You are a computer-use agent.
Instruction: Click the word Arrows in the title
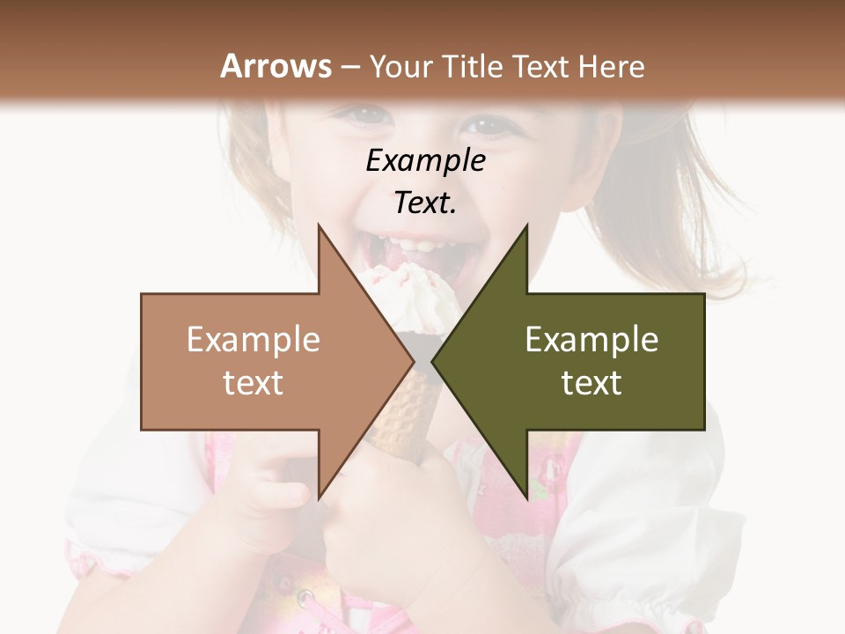point(275,66)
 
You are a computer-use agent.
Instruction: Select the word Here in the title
point(611,66)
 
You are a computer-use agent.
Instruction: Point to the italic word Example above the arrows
point(425,161)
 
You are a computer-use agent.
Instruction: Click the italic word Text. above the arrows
point(425,203)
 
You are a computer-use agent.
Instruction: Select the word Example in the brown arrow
point(253,340)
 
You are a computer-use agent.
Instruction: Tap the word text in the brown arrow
point(253,383)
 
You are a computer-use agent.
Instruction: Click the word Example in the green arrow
point(591,340)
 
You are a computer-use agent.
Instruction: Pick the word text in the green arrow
point(591,383)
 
